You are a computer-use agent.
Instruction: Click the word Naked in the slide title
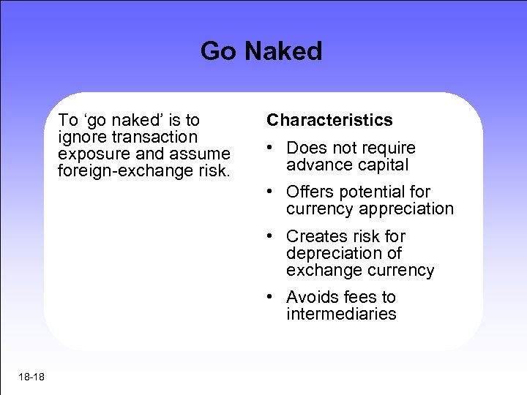tap(283, 51)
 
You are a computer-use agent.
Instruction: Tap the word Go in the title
tap(219, 51)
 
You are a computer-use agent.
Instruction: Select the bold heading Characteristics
tap(329, 120)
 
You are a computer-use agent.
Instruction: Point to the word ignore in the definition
tap(81, 137)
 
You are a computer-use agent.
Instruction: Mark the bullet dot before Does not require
tap(271, 148)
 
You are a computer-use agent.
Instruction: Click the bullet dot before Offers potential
tap(271, 192)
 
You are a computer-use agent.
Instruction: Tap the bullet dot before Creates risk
tap(271, 236)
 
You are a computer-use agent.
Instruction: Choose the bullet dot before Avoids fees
tap(271, 297)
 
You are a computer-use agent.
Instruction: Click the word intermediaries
tap(341, 315)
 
